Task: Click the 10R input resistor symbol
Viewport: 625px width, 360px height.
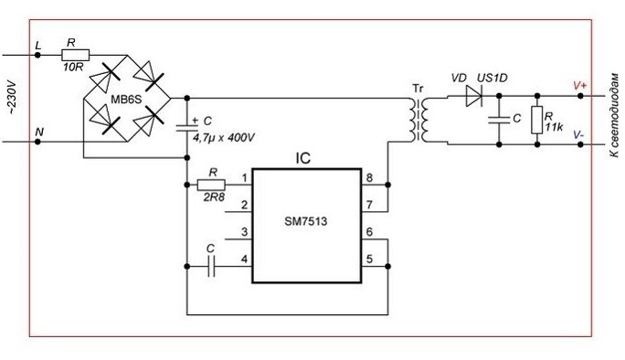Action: point(75,55)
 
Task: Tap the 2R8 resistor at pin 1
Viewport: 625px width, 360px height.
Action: point(211,185)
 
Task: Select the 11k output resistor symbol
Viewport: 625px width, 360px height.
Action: point(537,120)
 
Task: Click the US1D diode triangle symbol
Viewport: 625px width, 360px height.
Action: point(474,96)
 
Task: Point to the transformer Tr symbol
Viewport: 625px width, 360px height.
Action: point(418,120)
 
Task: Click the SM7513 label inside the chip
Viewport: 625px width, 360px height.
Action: point(306,221)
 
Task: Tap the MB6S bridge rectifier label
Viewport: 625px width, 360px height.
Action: point(126,100)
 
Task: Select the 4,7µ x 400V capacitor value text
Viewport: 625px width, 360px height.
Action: point(224,138)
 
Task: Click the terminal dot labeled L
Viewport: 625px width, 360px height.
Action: point(37,55)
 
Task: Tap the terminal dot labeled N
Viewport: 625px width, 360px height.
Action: point(37,142)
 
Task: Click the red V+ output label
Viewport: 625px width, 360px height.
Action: point(579,86)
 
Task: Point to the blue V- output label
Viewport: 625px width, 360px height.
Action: point(578,134)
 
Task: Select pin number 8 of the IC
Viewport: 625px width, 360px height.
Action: point(369,177)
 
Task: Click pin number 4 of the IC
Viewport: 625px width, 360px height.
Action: point(244,259)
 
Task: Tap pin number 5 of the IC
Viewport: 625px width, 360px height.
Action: point(369,259)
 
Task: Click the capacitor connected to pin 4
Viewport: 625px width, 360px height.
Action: point(211,266)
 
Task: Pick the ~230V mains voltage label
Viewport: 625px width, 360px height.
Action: point(13,99)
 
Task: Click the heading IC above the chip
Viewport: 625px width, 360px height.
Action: point(303,159)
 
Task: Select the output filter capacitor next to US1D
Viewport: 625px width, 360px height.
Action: point(499,120)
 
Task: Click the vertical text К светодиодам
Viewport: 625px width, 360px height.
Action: point(614,115)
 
